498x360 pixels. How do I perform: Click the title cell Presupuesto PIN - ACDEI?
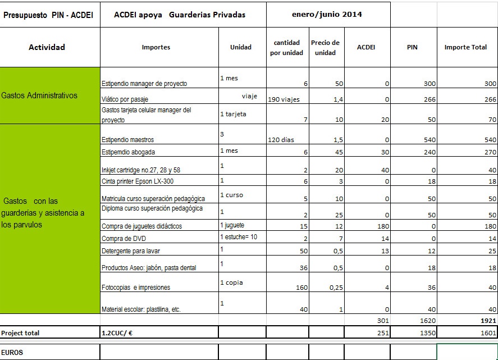(x=41, y=15)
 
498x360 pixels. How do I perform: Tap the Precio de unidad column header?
(x=325, y=48)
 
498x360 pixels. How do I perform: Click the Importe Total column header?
(x=465, y=47)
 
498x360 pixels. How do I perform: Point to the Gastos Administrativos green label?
(x=39, y=95)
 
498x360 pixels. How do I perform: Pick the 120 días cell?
(x=281, y=140)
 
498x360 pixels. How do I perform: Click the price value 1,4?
(x=334, y=99)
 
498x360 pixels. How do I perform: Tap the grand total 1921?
(x=488, y=321)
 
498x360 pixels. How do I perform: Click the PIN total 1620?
(x=427, y=321)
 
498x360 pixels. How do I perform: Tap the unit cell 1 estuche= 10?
(x=239, y=237)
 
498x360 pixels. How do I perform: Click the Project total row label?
(x=20, y=333)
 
